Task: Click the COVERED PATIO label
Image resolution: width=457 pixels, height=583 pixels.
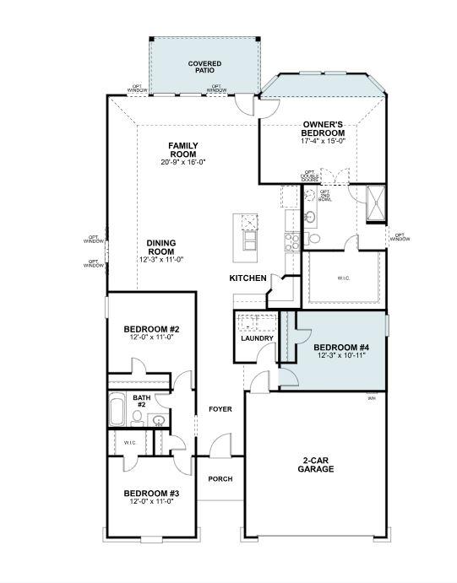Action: (204, 67)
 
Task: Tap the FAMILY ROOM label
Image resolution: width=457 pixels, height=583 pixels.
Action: (182, 149)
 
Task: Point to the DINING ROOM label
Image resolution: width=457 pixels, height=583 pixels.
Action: (160, 246)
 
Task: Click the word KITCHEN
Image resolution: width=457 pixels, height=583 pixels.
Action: (248, 278)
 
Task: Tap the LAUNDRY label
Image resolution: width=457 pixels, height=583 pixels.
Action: (257, 339)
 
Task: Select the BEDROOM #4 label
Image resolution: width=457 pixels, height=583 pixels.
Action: (341, 347)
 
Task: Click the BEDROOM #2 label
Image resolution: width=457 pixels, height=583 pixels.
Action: (151, 329)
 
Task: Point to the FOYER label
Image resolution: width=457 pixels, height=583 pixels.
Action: (220, 409)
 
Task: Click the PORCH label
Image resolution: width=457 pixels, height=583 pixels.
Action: (220, 479)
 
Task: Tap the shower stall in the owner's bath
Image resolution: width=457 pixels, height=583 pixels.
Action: (374, 205)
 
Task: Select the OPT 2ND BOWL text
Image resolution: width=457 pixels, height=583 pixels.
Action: (325, 196)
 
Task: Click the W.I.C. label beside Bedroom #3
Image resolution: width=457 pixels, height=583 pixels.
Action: (130, 442)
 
